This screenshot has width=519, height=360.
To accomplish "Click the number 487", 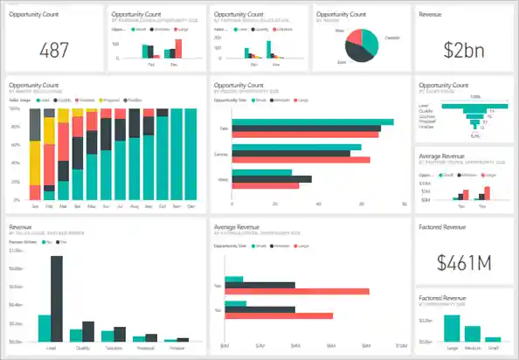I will (x=54, y=49).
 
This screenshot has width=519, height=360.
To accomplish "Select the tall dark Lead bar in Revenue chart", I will (x=57, y=297).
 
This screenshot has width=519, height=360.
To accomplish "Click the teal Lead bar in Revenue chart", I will (x=44, y=327).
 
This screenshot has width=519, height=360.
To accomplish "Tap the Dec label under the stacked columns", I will (x=191, y=207).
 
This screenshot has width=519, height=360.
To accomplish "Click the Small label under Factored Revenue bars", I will (x=494, y=346).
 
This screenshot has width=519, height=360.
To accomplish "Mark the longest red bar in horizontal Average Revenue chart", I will (x=297, y=291).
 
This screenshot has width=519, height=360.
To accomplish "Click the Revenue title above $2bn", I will (x=431, y=15).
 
